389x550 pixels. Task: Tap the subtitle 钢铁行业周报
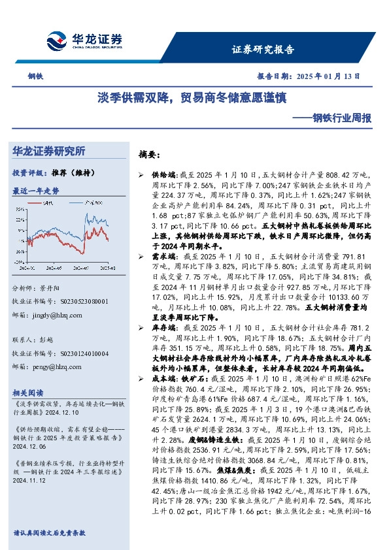point(341,118)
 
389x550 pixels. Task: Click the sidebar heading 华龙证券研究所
point(49,151)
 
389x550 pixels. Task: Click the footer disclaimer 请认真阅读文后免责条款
point(49,532)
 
